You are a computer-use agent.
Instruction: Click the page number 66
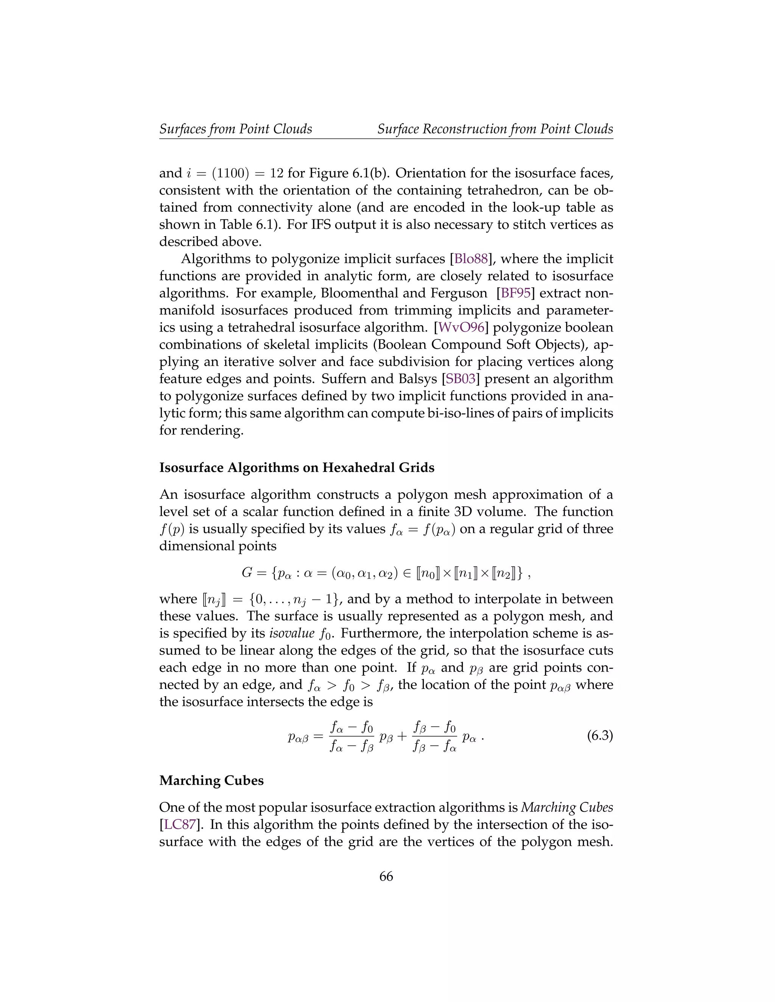click(x=386, y=876)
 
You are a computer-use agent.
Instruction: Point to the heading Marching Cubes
click(x=211, y=780)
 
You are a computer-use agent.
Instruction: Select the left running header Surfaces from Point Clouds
click(x=235, y=129)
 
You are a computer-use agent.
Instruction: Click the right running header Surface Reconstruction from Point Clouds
click(x=495, y=129)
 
